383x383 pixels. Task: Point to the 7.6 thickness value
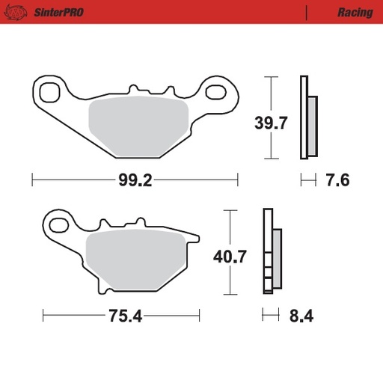point(338,181)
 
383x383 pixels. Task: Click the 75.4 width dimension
point(125,315)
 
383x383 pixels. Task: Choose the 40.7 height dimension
point(230,258)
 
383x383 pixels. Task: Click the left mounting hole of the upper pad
point(52,93)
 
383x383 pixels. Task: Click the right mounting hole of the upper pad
point(218,92)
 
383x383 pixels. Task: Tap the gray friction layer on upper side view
point(312,124)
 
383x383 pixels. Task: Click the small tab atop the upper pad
point(135,89)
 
